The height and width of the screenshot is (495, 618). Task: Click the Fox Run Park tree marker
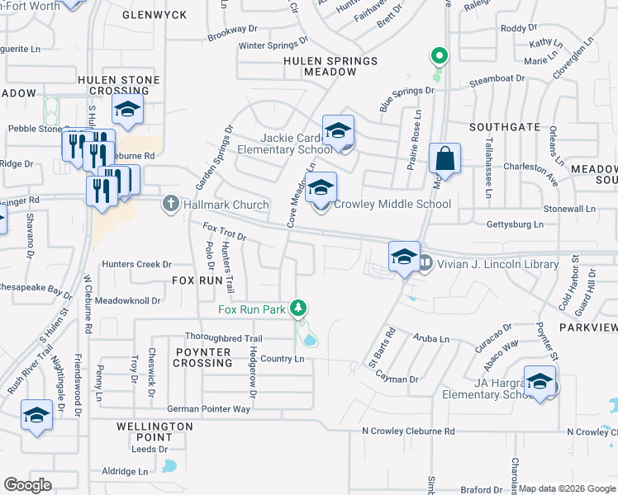click(x=299, y=309)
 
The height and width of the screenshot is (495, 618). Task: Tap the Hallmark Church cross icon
click(x=171, y=204)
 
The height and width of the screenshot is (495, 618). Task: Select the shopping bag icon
click(x=444, y=159)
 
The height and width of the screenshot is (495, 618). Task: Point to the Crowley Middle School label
click(x=387, y=205)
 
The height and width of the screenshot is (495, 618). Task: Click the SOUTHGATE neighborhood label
click(x=505, y=128)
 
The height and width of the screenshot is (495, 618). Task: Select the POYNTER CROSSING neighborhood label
click(x=202, y=357)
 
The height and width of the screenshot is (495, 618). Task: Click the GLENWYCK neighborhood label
click(x=150, y=15)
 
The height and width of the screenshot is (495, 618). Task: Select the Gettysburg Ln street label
click(x=516, y=224)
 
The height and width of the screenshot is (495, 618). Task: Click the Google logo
click(x=27, y=485)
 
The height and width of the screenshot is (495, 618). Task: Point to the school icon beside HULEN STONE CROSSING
click(x=127, y=110)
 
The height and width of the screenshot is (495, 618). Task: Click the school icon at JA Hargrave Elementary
click(x=540, y=382)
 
